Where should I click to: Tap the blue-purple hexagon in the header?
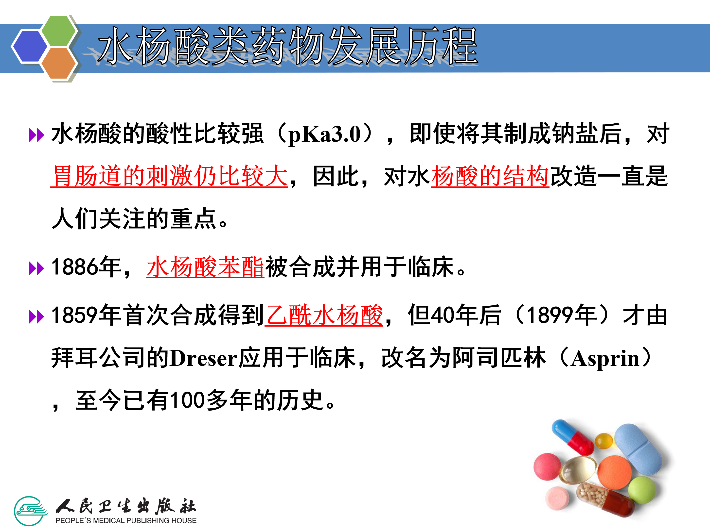point(30,46)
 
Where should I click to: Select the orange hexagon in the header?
point(59,63)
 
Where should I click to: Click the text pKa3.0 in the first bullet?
point(324,134)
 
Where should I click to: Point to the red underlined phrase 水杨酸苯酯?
point(205,267)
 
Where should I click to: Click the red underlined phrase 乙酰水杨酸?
point(323,315)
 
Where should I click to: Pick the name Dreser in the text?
point(203,358)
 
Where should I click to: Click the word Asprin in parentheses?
point(605,358)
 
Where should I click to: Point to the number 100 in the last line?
point(187,400)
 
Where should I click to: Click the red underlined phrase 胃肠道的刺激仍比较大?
point(169,176)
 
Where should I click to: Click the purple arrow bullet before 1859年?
point(36,316)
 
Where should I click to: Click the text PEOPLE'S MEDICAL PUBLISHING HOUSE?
point(126,520)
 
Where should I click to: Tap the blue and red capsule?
point(573,437)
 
